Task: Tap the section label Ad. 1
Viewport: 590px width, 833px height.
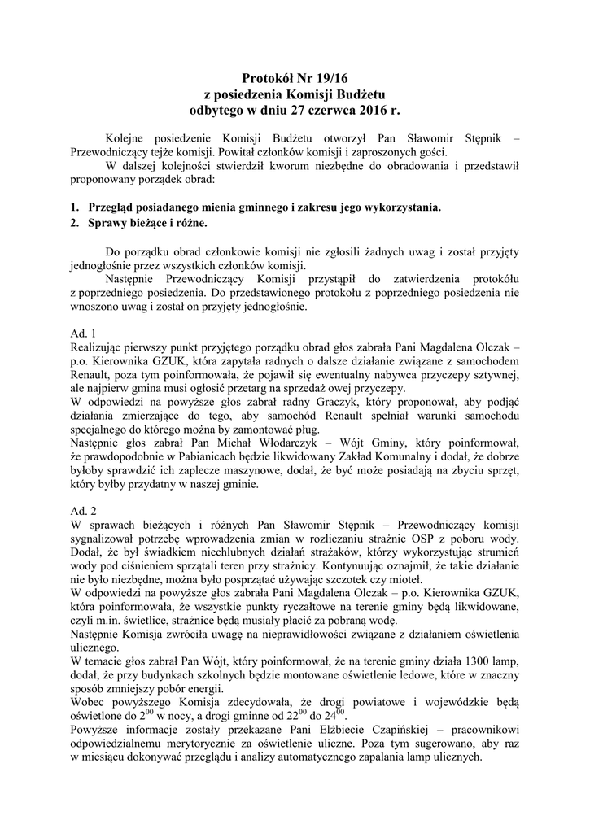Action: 84,333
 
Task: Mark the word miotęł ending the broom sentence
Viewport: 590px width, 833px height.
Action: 400,580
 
